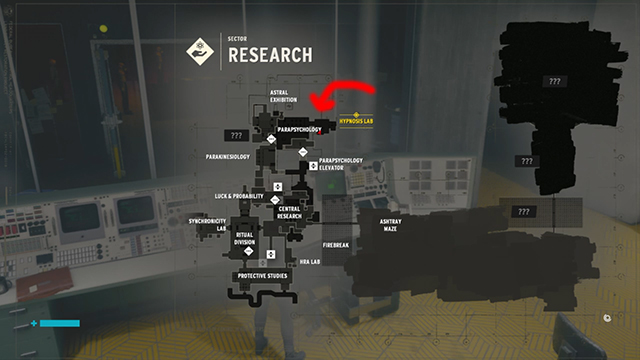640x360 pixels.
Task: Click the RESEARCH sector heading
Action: coord(270,55)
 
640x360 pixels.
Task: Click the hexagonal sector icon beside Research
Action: coord(201,51)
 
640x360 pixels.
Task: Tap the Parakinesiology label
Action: coord(228,157)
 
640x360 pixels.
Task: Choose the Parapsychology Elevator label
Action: coord(340,164)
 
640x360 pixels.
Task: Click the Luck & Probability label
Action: coord(239,196)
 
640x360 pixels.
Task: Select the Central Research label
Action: coord(289,213)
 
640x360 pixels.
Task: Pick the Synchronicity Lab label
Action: coord(207,224)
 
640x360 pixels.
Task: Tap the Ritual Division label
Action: coord(244,238)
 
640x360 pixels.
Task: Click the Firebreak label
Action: coord(336,244)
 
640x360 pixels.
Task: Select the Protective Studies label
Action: coord(262,276)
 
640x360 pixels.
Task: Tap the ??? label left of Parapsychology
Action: coord(237,134)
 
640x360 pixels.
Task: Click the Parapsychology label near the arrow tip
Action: coord(300,130)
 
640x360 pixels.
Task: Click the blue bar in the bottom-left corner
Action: coord(59,324)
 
